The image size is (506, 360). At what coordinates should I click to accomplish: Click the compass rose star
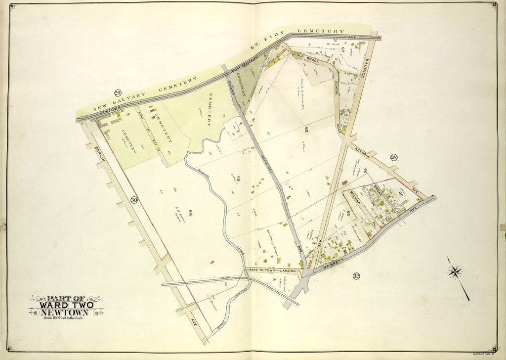pyautogui.click(x=455, y=271)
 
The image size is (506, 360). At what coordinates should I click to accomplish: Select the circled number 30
pyautogui.click(x=133, y=200)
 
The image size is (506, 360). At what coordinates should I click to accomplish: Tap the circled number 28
pyautogui.click(x=394, y=158)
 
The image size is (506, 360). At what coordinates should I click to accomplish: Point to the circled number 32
pyautogui.click(x=356, y=276)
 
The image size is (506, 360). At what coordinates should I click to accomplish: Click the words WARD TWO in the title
pyautogui.click(x=66, y=305)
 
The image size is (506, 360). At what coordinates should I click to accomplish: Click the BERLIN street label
pyautogui.click(x=96, y=143)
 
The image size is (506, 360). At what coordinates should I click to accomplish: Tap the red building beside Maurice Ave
pyautogui.click(x=344, y=182)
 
